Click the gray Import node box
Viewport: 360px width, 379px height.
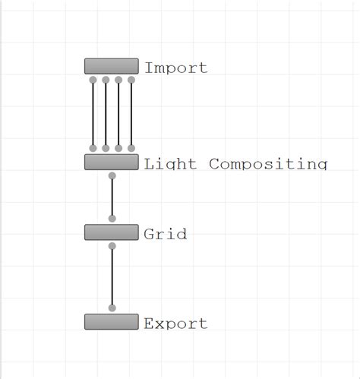coord(111,66)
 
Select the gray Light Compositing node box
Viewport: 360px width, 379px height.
coord(111,162)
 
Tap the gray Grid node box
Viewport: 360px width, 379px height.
coord(111,232)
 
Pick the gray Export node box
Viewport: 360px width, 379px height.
coord(111,321)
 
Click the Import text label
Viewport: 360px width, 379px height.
coord(175,68)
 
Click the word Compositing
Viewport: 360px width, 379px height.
coord(267,163)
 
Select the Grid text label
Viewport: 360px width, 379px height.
coord(165,234)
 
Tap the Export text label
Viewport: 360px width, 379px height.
coord(175,324)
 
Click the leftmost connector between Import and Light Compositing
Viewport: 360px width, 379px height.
coord(93,114)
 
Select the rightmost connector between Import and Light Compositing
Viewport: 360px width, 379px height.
coord(131,114)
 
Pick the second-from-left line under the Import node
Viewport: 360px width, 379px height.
coord(106,114)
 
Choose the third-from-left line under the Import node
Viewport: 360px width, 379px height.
coord(118,114)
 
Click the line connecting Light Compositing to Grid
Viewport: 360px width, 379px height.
coord(112,197)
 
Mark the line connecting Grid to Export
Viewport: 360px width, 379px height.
coord(112,277)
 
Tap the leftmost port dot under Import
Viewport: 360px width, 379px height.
coord(93,80)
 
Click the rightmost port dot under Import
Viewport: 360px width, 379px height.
coord(131,80)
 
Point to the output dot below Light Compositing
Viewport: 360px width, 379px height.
coord(112,176)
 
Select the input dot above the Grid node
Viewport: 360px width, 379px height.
coord(112,219)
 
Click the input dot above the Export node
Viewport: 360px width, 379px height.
coord(112,308)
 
